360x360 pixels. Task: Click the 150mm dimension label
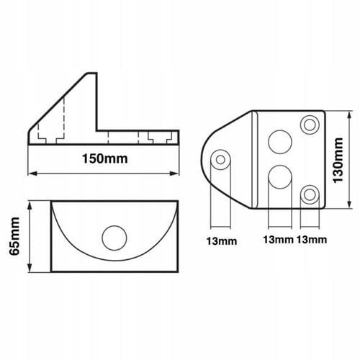[x=105, y=160]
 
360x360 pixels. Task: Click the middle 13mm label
[x=277, y=238]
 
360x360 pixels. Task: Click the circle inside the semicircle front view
[x=113, y=237]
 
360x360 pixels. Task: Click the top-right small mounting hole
[x=310, y=125]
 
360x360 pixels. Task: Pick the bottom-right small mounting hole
[x=310, y=192]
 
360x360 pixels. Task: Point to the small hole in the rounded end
[x=220, y=158]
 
